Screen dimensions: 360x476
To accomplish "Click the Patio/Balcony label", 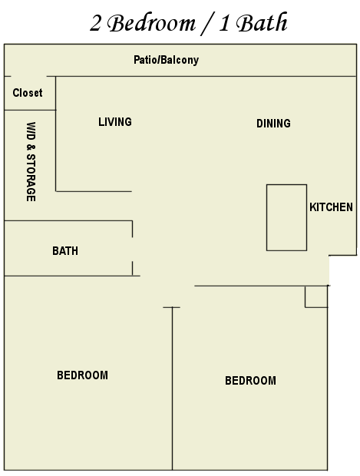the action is click(x=166, y=60).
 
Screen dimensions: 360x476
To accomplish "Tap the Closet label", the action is click(x=28, y=93).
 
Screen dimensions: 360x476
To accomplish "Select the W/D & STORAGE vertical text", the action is click(x=31, y=162).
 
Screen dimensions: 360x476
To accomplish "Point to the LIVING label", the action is click(x=115, y=122).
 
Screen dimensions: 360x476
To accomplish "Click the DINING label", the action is click(x=273, y=124).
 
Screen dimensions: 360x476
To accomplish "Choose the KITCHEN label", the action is click(x=331, y=207).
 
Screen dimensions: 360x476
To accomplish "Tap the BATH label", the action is click(x=65, y=251).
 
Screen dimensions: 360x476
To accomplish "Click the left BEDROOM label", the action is click(x=83, y=375).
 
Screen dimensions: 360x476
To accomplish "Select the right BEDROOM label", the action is click(x=251, y=381).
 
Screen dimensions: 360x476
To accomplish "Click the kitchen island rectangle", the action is click(x=267, y=217).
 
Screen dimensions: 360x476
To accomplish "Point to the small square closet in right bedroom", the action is click(x=305, y=297).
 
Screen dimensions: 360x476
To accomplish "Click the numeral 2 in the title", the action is click(x=95, y=23).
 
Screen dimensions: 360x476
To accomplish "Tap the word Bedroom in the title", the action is click(x=152, y=23).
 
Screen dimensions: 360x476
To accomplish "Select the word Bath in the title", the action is click(x=262, y=22).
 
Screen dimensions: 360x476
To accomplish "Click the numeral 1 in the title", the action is click(x=223, y=23).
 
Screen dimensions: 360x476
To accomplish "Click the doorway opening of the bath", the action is click(x=132, y=249).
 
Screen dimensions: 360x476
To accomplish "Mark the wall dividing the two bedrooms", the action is click(x=173, y=388).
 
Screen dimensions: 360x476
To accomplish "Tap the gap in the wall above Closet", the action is click(x=29, y=76).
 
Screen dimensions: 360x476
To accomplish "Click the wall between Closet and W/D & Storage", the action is click(x=30, y=110).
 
